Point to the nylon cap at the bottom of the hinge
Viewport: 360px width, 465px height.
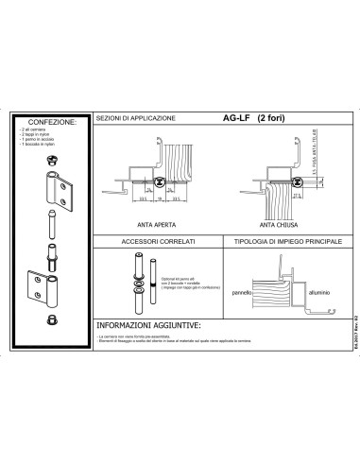point(53,327)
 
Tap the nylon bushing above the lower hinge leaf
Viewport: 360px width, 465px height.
point(53,257)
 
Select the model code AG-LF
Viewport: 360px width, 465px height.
point(235,118)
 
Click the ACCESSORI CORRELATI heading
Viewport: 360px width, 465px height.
point(157,243)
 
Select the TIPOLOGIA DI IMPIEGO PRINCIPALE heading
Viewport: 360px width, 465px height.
point(278,243)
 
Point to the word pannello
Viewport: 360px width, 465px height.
point(243,293)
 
